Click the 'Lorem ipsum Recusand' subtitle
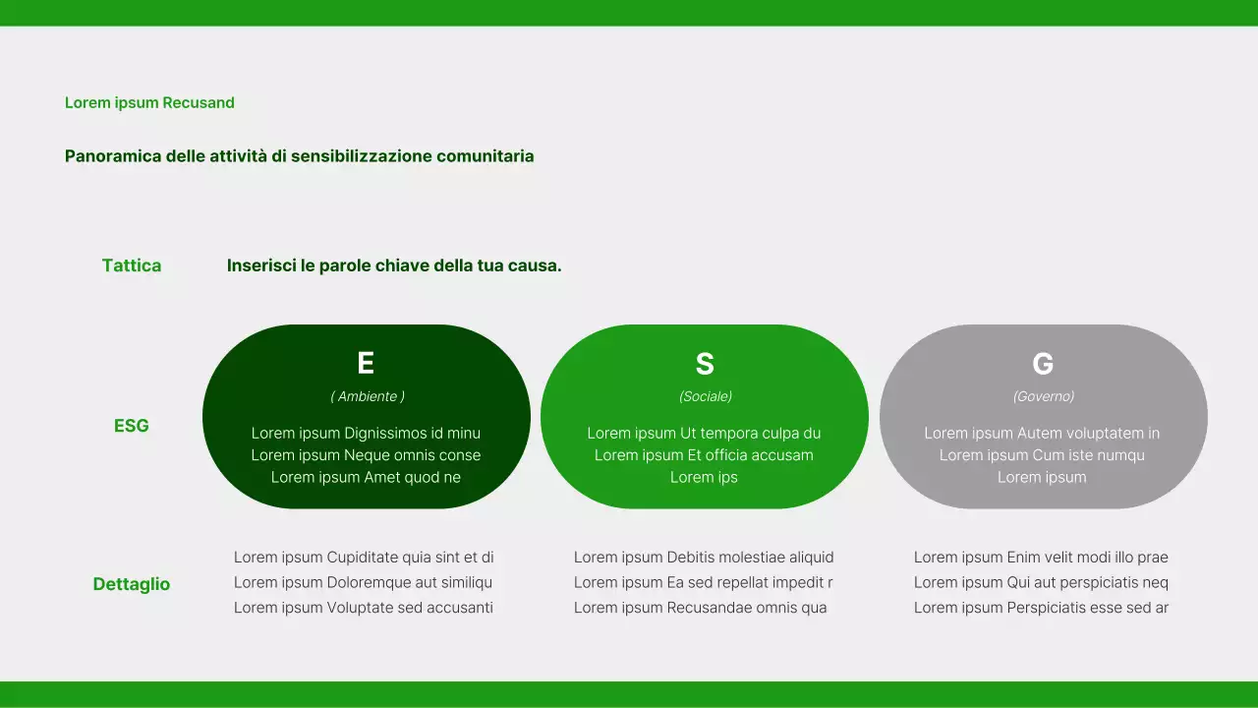(149, 102)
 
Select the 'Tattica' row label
(132, 265)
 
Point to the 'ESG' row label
(132, 426)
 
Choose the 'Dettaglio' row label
(132, 584)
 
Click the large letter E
(366, 364)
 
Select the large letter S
(705, 364)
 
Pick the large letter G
(1043, 364)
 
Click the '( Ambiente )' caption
(368, 396)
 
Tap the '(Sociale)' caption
(706, 396)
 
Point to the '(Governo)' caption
(1044, 396)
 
